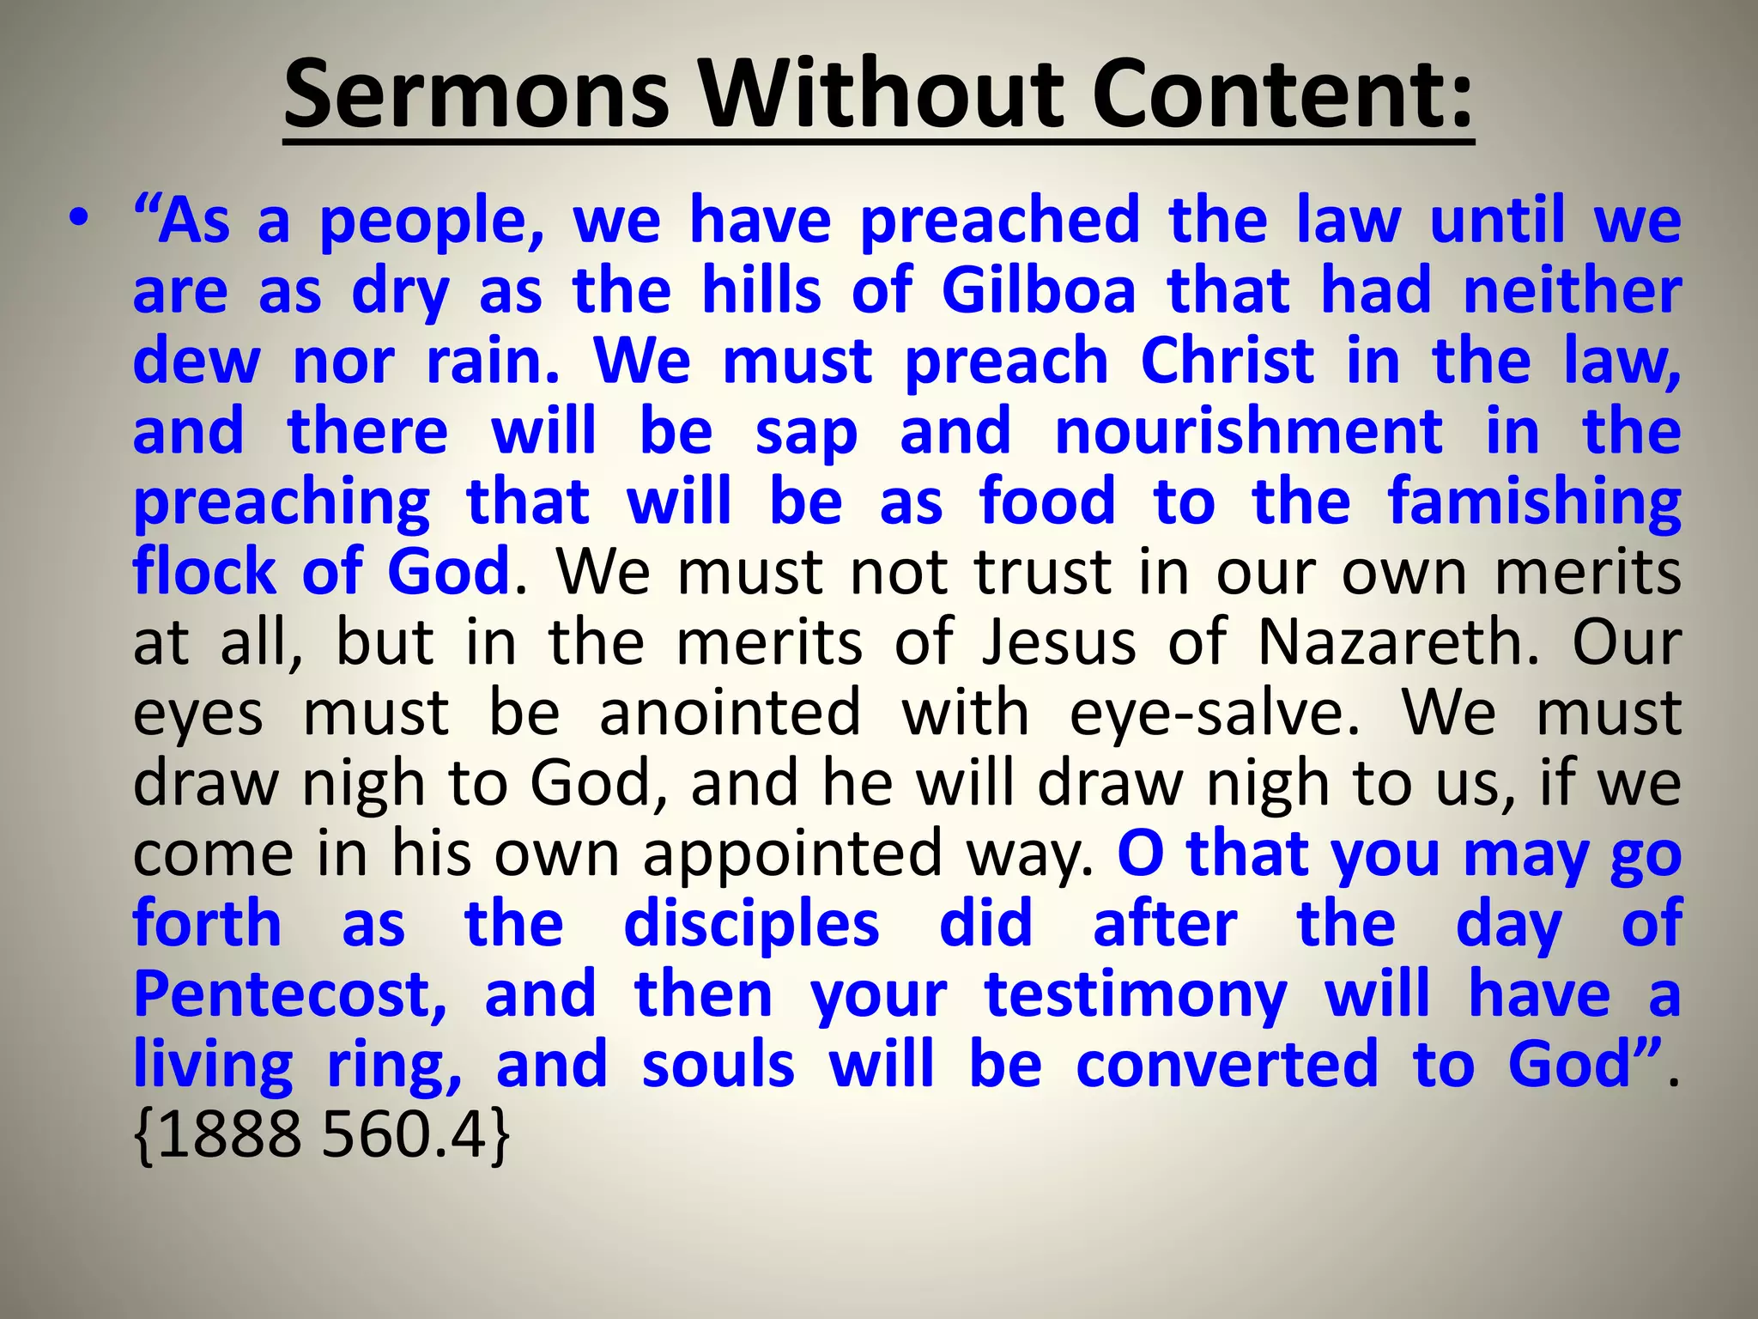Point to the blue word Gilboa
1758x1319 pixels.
[x=1039, y=290]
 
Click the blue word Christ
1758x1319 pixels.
[x=1228, y=361]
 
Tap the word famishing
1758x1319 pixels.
[x=1535, y=503]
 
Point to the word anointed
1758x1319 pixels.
[x=730, y=713]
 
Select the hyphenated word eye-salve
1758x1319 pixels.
[x=1215, y=714]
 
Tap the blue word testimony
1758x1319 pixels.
[x=1135, y=996]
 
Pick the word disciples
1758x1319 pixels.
[x=751, y=926]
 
